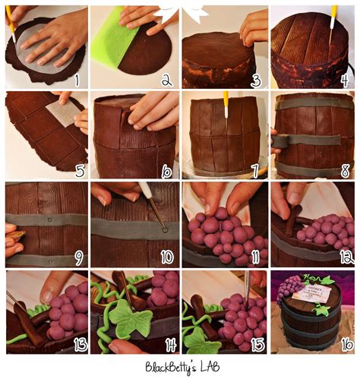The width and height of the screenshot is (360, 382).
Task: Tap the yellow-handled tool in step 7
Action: (226, 105)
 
